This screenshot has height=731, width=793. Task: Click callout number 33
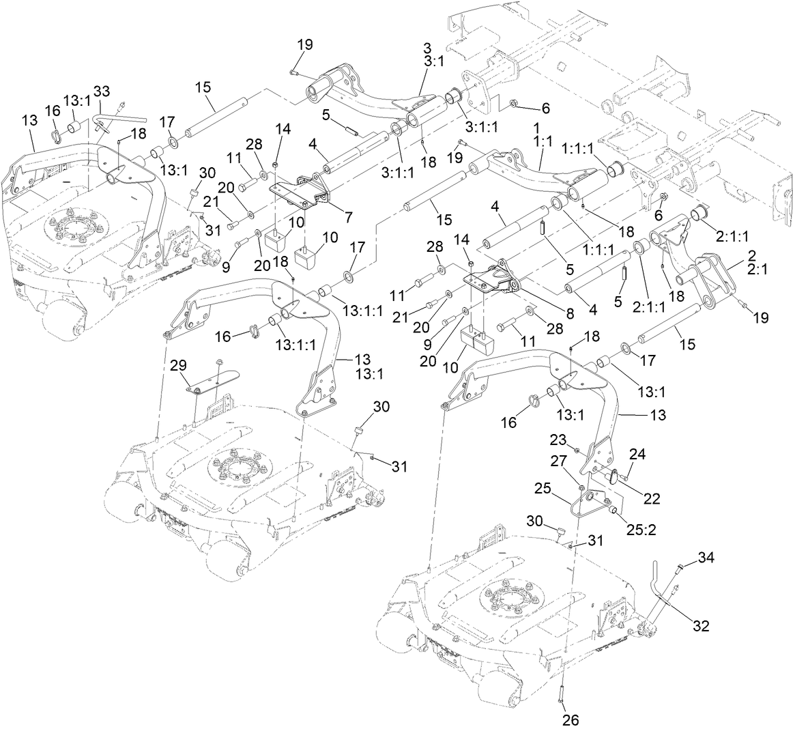[x=101, y=91]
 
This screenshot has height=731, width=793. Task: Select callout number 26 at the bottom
[x=571, y=719]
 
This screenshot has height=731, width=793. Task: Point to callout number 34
[x=706, y=559]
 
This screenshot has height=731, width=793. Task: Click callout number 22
[x=652, y=499]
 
